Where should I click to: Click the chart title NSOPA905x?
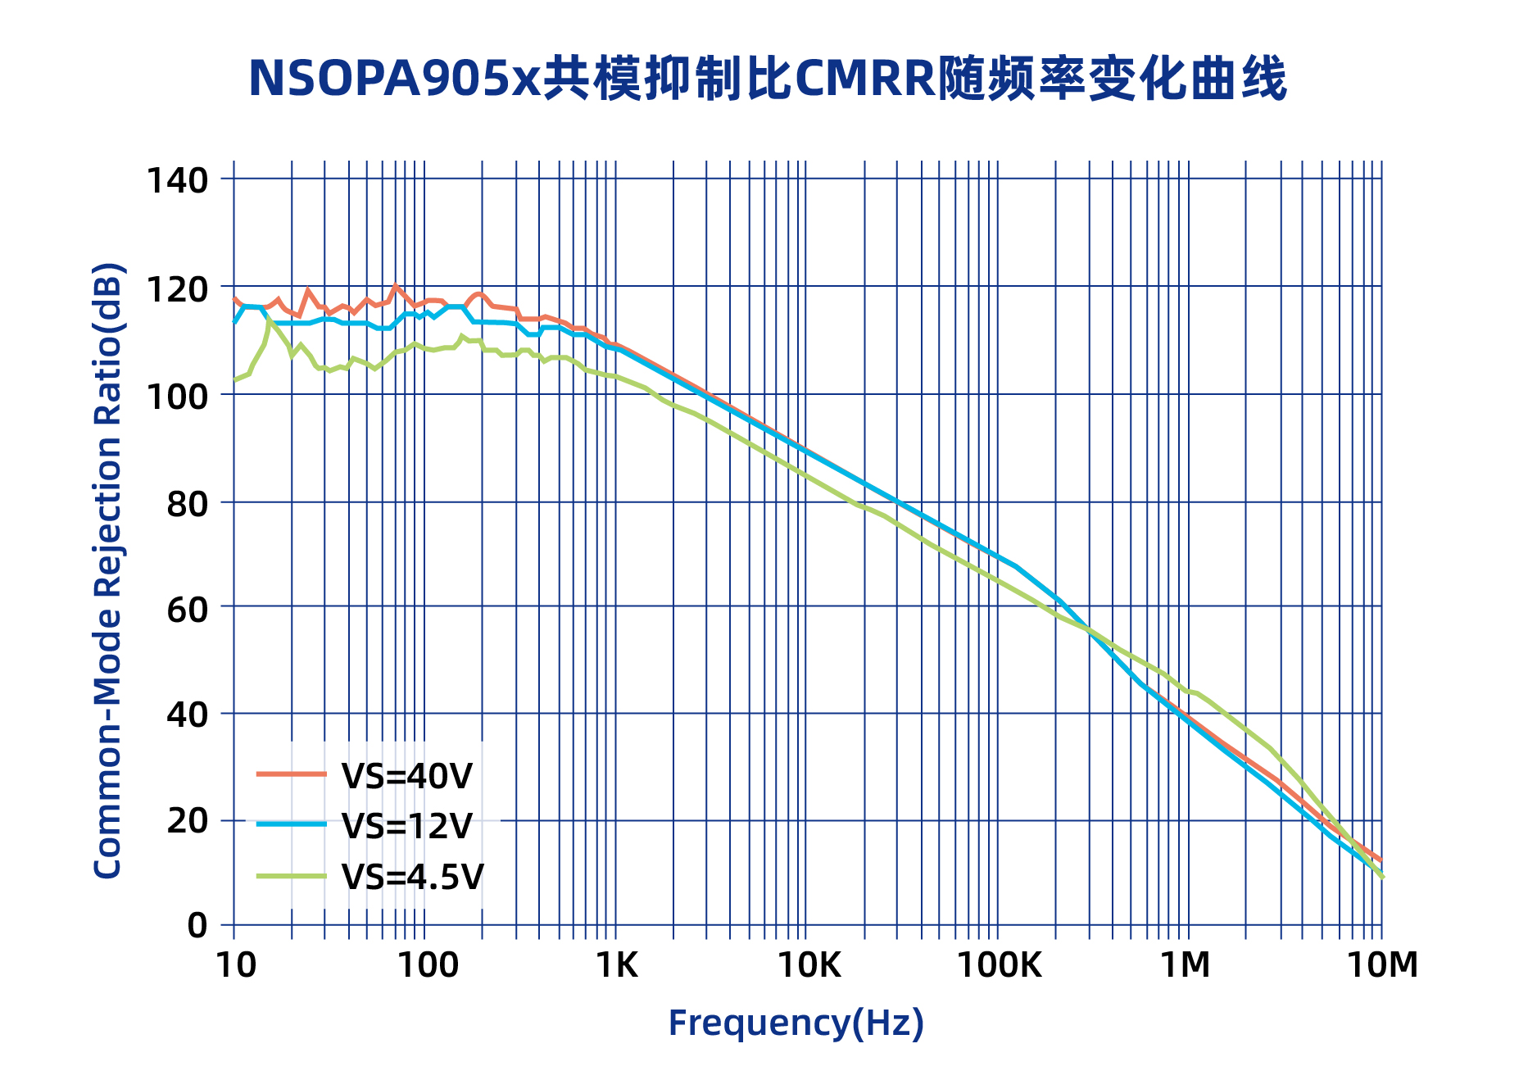[x=767, y=79]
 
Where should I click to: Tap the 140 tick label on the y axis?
[x=177, y=180]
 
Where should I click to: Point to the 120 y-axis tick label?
[x=177, y=288]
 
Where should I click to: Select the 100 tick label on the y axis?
[x=177, y=397]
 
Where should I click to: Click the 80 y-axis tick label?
[x=188, y=505]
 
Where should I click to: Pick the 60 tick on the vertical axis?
[x=188, y=609]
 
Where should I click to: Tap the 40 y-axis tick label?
[x=188, y=715]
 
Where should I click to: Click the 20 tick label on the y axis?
[x=188, y=821]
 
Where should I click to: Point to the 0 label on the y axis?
[x=197, y=926]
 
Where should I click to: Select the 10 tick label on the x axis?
[x=236, y=966]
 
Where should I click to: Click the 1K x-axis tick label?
[x=616, y=966]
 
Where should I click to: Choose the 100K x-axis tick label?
[x=999, y=966]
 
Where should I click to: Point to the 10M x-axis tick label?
[x=1382, y=966]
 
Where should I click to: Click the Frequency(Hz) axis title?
[x=796, y=1023]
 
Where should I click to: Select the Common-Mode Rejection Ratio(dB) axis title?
[x=108, y=570]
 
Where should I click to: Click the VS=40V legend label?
[x=407, y=776]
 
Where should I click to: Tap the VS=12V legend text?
[x=407, y=826]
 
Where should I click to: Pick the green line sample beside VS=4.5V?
[x=292, y=877]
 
